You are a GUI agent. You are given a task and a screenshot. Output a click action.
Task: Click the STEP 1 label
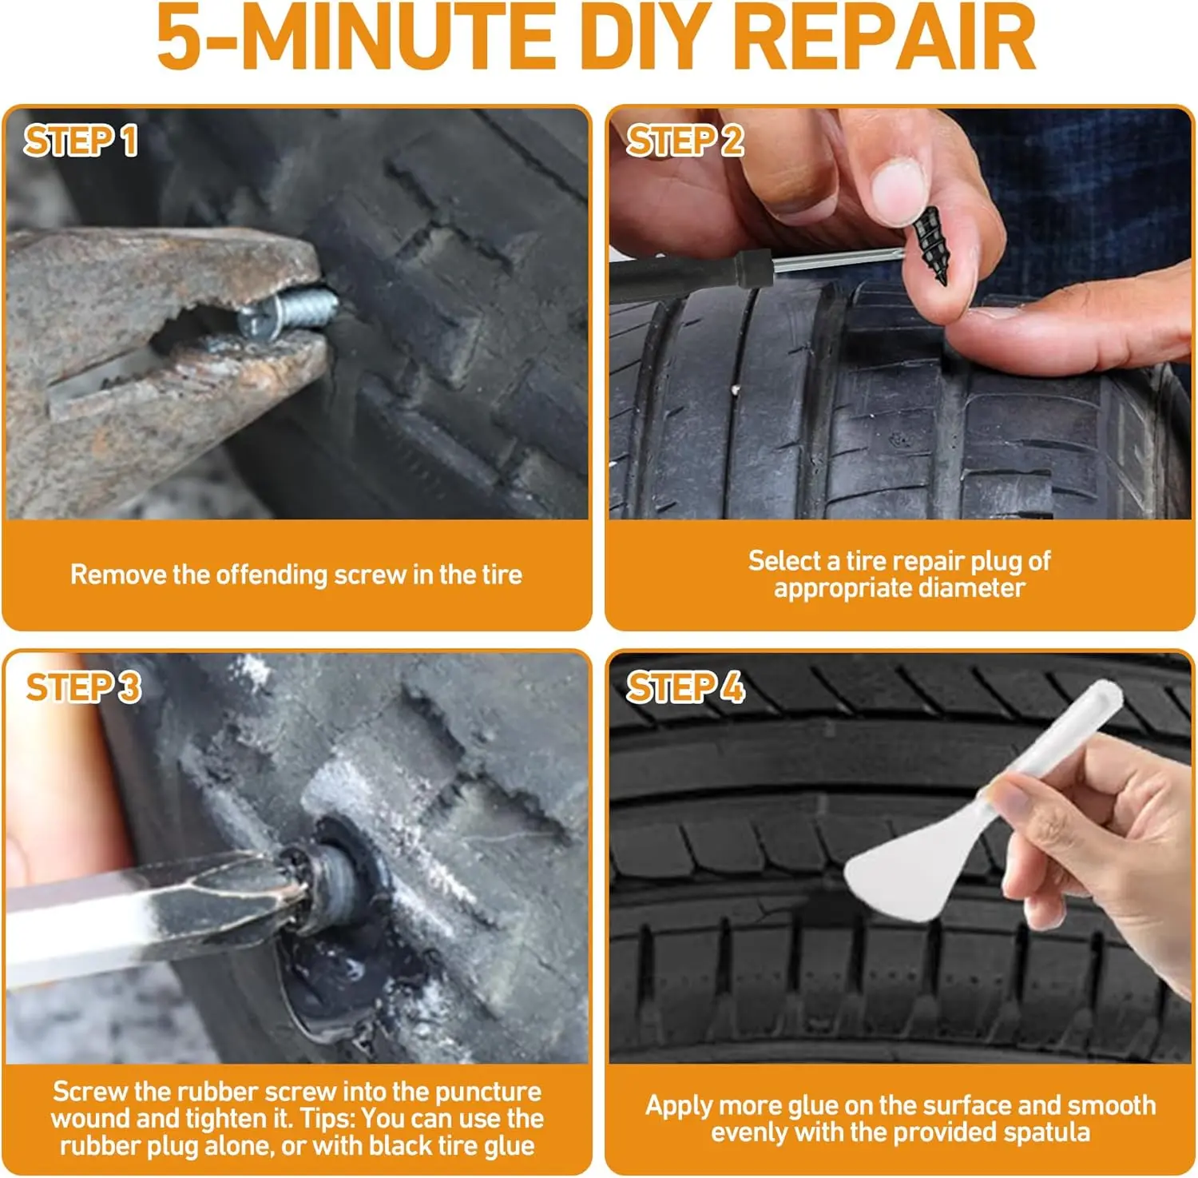[x=81, y=141]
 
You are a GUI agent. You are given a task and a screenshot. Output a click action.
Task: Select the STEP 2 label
[x=684, y=141]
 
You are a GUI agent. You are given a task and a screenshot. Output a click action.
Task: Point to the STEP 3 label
[x=83, y=687]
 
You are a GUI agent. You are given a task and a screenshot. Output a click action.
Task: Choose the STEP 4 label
[x=685, y=687]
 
